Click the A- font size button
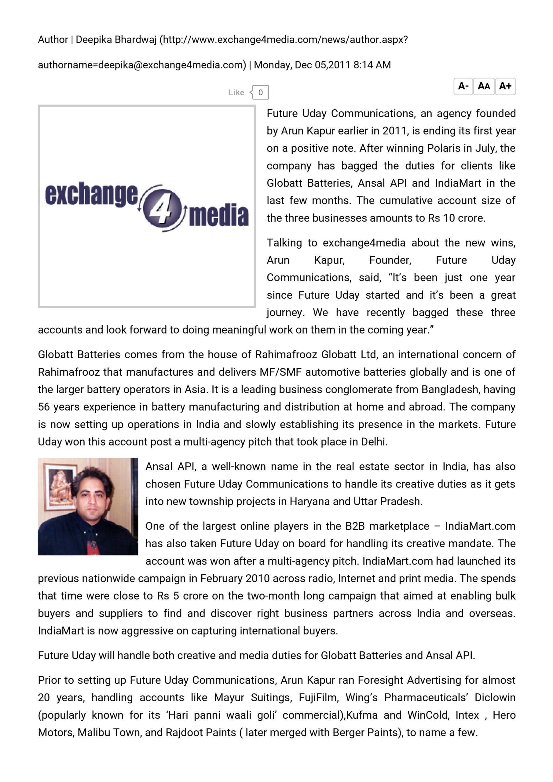[x=463, y=86]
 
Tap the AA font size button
[x=484, y=86]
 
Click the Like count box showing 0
[x=260, y=92]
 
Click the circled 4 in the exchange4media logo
[x=162, y=208]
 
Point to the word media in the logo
[x=218, y=215]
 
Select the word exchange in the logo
[x=91, y=195]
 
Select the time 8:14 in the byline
[x=363, y=65]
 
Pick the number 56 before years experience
[x=44, y=407]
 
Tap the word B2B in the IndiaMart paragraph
[x=355, y=526]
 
